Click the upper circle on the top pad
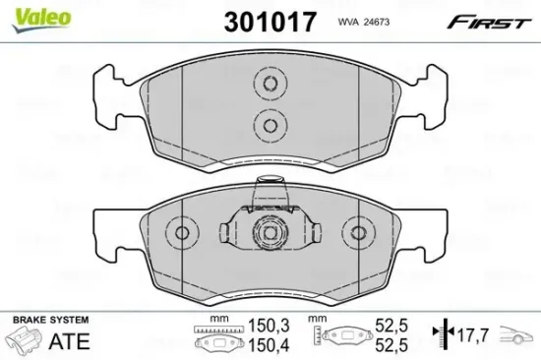click(269, 86)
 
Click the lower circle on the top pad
click(269, 122)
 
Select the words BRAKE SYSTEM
click(47, 321)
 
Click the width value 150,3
click(259, 324)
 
